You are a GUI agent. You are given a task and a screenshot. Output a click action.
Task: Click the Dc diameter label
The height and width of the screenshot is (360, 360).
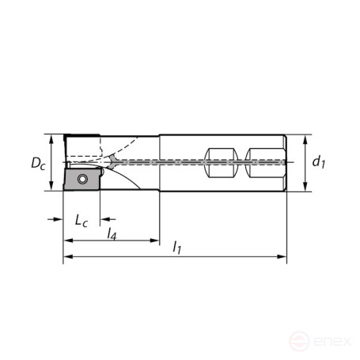coord(37,163)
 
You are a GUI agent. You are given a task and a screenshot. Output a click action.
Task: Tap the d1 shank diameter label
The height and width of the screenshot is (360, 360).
coord(318,162)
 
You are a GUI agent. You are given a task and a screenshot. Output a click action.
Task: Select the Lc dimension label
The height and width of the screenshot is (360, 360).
coord(81,219)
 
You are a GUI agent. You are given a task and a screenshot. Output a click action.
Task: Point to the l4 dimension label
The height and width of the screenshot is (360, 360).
coord(112,234)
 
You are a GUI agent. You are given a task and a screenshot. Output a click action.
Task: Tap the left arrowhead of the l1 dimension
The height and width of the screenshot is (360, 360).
coord(68,256)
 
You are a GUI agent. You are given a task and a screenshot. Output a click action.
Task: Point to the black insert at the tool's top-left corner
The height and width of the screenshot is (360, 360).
coord(80,138)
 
